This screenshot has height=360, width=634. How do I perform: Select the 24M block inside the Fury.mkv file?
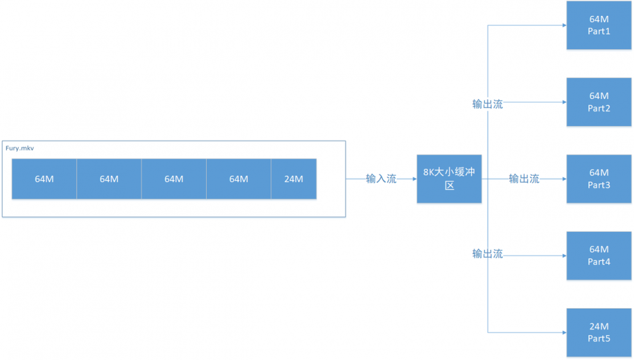(294, 179)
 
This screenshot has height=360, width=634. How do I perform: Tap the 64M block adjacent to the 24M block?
(238, 179)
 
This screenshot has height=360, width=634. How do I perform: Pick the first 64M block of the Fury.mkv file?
(44, 179)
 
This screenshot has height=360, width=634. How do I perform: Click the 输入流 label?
(381, 179)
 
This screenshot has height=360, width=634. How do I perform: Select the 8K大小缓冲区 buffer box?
(449, 179)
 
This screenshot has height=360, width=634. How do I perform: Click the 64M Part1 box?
(598, 25)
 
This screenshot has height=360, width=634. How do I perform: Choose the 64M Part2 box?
(598, 102)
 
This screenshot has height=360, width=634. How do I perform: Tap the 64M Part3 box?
(598, 179)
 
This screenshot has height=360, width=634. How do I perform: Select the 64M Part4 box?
(598, 255)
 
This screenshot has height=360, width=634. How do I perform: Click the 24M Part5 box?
(598, 332)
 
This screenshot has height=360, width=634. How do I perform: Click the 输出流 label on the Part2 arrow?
(488, 104)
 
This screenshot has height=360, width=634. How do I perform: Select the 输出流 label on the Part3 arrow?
(524, 179)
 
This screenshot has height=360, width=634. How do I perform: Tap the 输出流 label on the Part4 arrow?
(488, 254)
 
